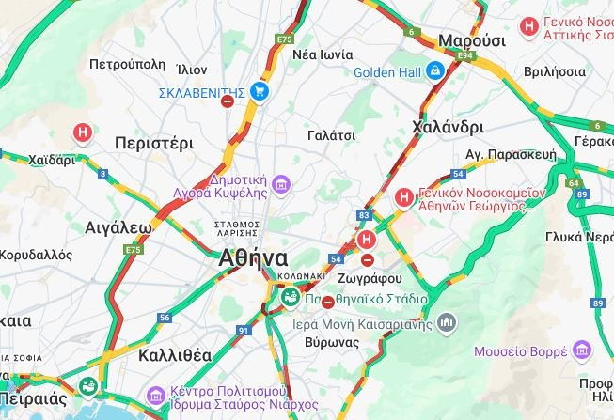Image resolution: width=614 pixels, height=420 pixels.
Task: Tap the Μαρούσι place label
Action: click(471, 40)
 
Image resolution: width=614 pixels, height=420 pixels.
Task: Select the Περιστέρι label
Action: click(153, 143)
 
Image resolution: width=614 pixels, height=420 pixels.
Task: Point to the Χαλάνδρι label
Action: click(448, 127)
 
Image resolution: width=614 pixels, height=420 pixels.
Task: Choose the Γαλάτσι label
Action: click(331, 135)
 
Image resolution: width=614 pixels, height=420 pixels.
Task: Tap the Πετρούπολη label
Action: click(127, 65)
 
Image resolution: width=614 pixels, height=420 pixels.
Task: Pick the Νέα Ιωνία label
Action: click(323, 54)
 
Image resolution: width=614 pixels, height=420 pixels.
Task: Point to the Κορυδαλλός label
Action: click(36, 255)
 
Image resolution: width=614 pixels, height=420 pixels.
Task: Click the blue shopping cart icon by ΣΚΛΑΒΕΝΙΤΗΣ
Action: click(260, 91)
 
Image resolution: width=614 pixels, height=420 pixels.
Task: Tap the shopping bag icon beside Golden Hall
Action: click(434, 71)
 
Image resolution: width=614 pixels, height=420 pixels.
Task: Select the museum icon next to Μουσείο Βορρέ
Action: click(583, 350)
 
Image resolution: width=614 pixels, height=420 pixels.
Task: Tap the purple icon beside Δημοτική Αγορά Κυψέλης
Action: click(282, 182)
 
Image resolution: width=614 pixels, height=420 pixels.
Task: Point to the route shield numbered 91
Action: click(244, 330)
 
